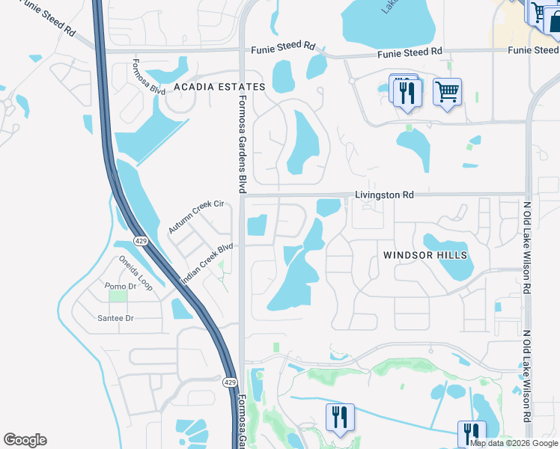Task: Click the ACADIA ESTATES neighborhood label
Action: pos(219,87)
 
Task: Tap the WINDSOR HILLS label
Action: pos(425,255)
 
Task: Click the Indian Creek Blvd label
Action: pos(207,262)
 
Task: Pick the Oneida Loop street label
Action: pos(136,273)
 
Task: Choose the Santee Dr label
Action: pos(115,319)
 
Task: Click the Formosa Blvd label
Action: pos(148,77)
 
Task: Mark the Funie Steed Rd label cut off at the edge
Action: pos(533,50)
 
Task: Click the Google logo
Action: pos(25,440)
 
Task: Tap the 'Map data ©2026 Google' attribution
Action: pos(514,443)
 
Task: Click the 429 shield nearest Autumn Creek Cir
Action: pos(141,241)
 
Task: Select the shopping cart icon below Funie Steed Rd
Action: pos(447,93)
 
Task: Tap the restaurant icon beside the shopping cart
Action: pos(407,93)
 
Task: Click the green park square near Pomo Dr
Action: pos(118,296)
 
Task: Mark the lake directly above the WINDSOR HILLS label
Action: pos(445,243)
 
